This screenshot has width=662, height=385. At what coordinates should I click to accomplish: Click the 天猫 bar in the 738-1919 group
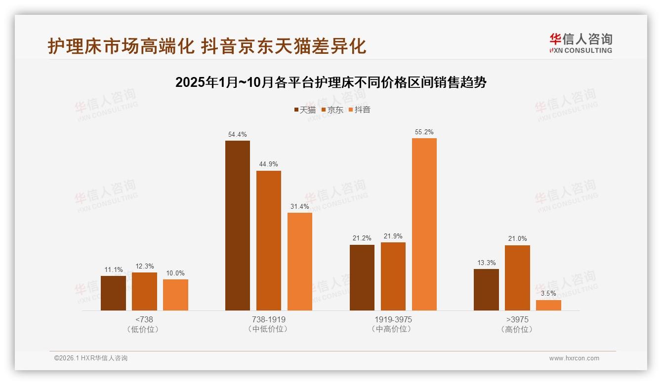tap(238, 226)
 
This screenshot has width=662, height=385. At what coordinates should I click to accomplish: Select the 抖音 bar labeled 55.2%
tap(424, 224)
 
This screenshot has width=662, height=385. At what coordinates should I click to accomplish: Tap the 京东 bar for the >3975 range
tap(517, 278)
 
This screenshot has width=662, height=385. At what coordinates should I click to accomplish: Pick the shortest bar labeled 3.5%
tap(548, 305)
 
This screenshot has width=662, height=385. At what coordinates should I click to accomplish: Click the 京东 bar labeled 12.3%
tap(144, 291)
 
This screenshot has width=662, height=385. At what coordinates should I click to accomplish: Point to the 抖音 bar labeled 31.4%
tap(300, 262)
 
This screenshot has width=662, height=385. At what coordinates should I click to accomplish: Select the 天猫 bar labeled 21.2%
tap(362, 277)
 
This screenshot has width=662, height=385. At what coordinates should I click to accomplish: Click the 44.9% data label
tap(269, 164)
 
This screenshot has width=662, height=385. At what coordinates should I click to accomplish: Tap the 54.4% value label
tap(238, 134)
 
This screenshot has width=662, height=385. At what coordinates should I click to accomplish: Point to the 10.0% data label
tap(175, 273)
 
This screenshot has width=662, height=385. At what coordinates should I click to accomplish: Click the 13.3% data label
tap(486, 263)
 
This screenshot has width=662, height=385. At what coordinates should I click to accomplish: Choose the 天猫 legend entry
tap(304, 110)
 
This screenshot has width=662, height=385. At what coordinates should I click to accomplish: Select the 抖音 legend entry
tap(359, 110)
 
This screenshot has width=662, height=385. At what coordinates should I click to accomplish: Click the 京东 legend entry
tap(332, 110)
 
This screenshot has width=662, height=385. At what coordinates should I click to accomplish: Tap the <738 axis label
tap(144, 319)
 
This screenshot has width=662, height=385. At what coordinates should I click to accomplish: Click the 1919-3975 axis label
tap(393, 319)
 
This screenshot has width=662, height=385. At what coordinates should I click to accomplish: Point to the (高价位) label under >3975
tap(517, 329)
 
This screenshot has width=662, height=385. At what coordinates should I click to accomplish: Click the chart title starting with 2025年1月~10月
tap(331, 82)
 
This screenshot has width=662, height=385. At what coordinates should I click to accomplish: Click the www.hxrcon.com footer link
tap(574, 358)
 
